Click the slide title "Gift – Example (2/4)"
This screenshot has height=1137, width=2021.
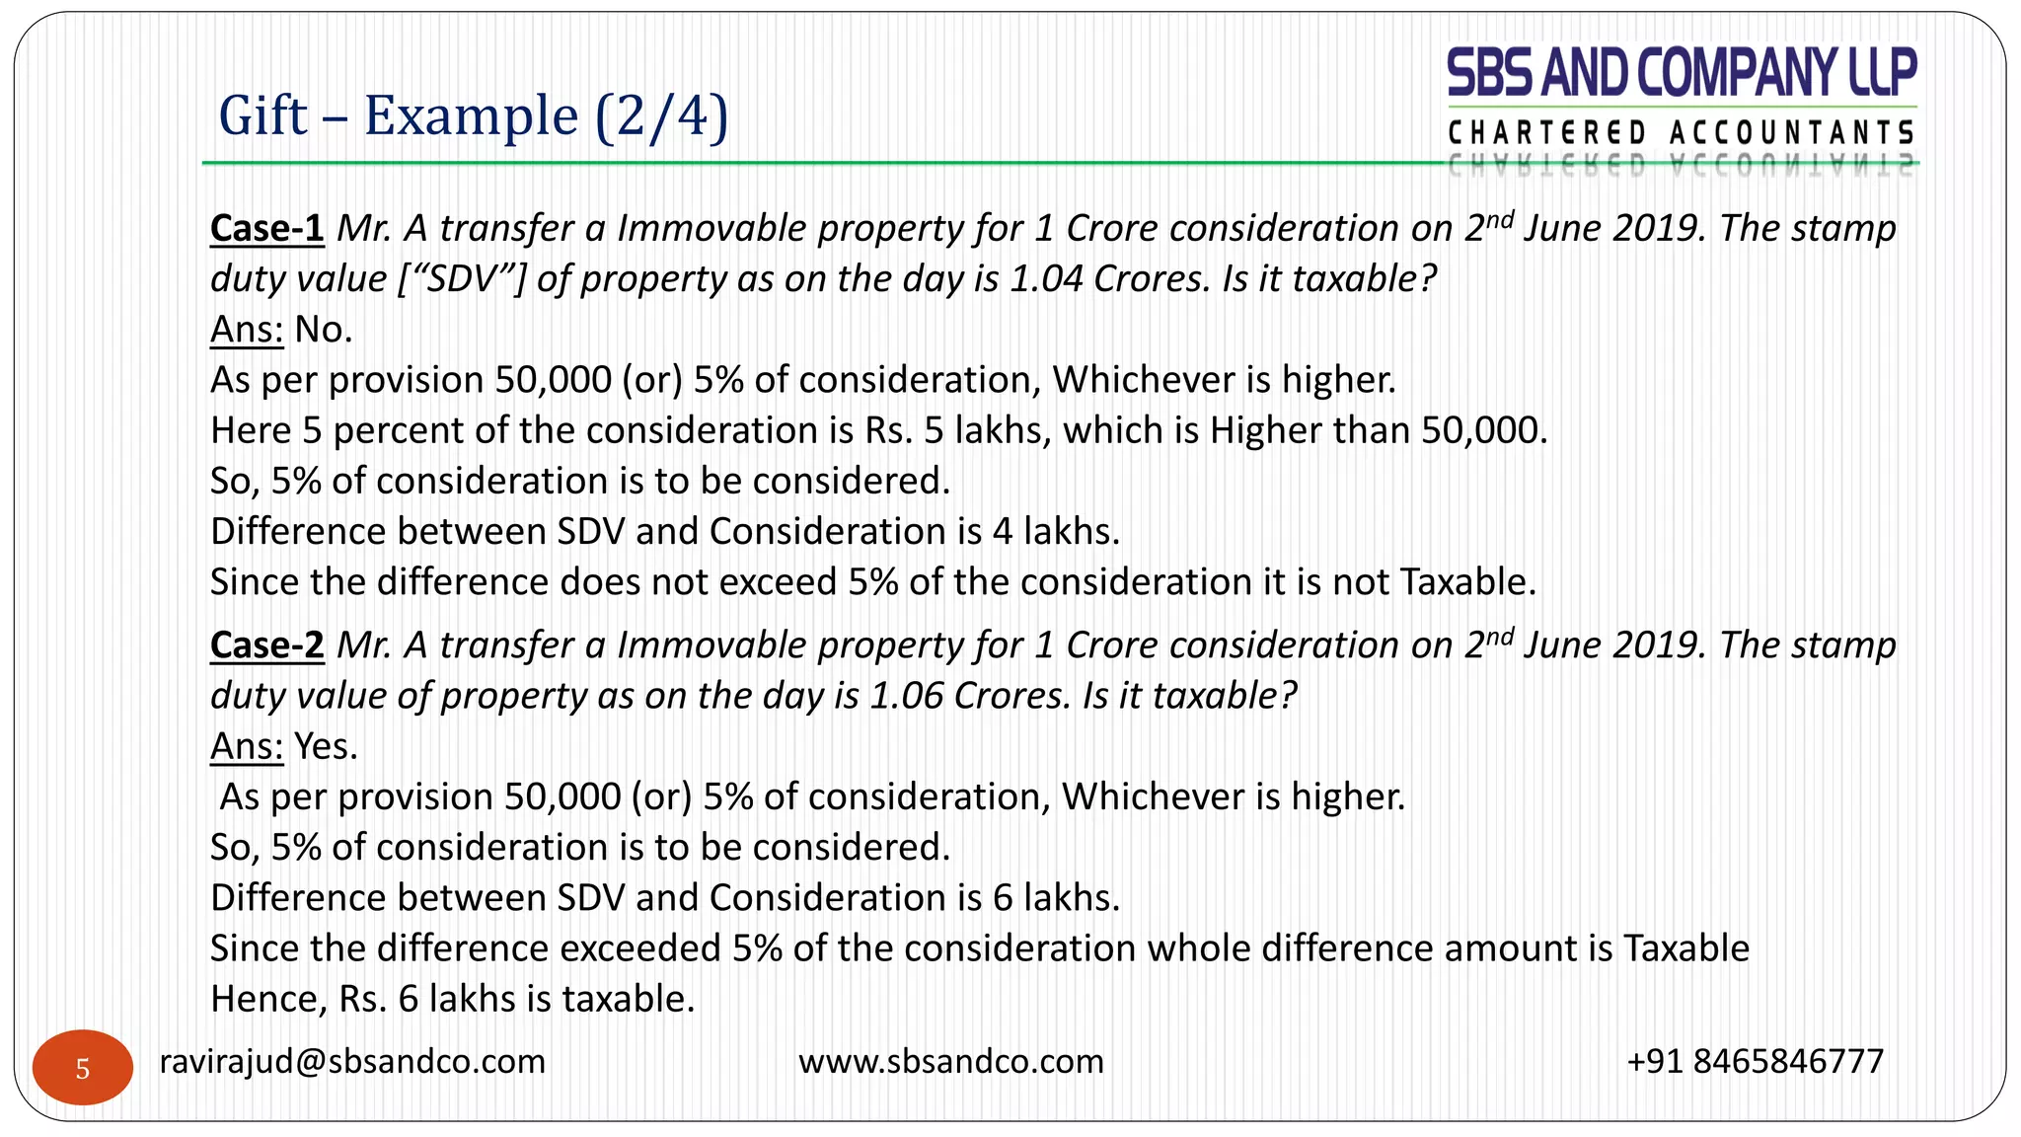coord(473,115)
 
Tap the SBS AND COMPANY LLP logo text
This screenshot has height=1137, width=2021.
coord(1682,73)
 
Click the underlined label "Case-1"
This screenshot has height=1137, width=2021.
coord(266,228)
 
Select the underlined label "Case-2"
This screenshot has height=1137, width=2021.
coord(266,645)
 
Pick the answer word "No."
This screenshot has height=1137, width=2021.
coord(324,330)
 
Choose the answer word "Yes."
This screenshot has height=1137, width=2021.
coord(326,747)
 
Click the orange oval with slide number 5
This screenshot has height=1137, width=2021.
coord(83,1068)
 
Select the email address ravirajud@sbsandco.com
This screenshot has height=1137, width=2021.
coord(352,1062)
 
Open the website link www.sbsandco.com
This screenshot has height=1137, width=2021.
coord(951,1062)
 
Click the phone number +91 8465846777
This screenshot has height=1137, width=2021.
coord(1756,1062)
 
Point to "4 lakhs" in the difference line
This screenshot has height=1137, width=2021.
coord(1055,532)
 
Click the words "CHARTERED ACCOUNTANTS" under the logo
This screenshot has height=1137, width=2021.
coord(1682,132)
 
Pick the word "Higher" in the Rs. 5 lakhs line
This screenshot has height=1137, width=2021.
coord(1266,431)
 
